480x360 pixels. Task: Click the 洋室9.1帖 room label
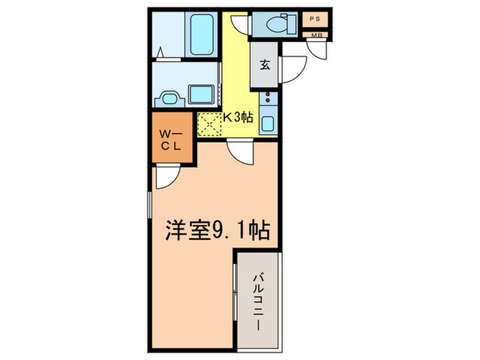(x=216, y=229)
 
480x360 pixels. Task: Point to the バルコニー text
(x=260, y=301)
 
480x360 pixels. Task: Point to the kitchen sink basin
(x=267, y=125)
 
